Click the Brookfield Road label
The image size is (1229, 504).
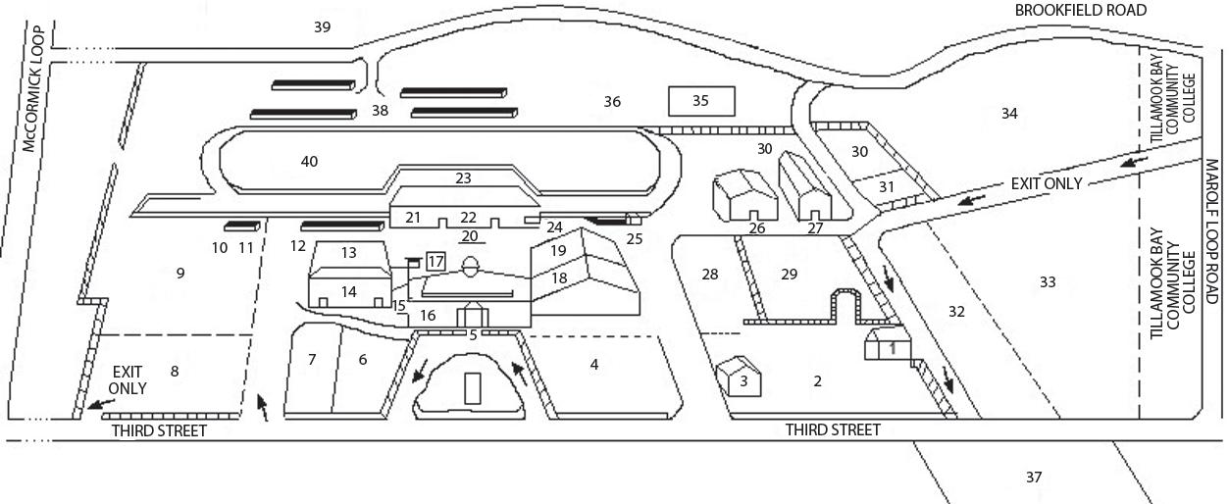point(1081,10)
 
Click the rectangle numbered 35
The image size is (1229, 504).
point(700,101)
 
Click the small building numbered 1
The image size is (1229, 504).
point(891,346)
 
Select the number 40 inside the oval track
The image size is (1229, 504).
point(309,161)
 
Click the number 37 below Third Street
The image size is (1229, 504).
point(1033,478)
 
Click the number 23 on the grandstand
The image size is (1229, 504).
point(463,178)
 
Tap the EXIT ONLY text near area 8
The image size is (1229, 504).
point(128,379)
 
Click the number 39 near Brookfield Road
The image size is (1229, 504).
point(322,27)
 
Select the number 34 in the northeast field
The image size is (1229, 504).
point(1009,114)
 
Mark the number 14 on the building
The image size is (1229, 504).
point(348,291)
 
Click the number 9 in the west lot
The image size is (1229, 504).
point(180,274)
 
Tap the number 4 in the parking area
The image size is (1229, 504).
point(593,365)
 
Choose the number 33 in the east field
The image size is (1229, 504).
point(1048,282)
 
